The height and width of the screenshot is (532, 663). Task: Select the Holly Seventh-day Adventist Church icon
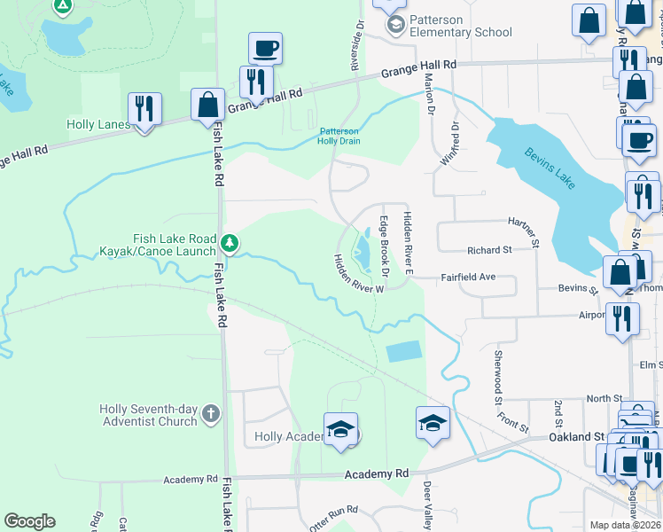tap(211, 413)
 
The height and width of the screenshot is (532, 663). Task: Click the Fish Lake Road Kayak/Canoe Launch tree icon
tap(230, 242)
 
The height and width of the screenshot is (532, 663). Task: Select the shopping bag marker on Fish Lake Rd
tap(207, 104)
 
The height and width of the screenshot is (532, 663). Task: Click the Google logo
tap(29, 521)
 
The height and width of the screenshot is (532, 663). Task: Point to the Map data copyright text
tap(625, 525)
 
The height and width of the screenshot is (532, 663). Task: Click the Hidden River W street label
tap(357, 274)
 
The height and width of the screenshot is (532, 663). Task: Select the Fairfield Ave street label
tap(468, 278)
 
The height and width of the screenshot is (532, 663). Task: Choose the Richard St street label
tap(490, 251)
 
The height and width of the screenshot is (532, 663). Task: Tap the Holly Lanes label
tap(97, 125)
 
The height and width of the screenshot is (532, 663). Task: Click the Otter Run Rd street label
tap(333, 511)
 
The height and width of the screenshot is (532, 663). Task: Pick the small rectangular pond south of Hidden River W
tap(404, 352)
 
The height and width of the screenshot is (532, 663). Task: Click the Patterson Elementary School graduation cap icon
tap(394, 24)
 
